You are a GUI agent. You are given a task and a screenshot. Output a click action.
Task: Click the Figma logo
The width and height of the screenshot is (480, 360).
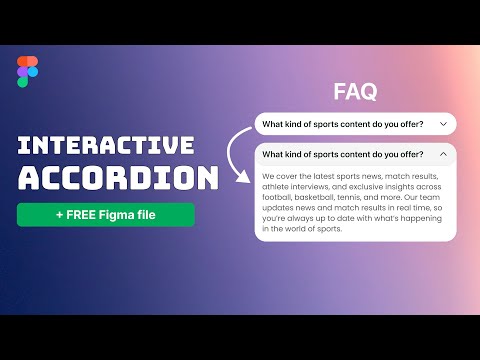point(28,72)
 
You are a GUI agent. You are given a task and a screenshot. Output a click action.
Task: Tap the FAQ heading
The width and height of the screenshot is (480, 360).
point(355,92)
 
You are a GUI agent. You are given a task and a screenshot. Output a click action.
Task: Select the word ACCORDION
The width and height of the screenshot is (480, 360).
point(118,178)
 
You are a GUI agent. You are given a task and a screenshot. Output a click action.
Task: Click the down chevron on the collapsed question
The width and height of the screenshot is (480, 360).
point(442,125)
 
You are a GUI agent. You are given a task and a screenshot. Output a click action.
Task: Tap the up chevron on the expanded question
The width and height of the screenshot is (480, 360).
point(442,155)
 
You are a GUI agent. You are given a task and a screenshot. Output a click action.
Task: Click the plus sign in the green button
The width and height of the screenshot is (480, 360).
point(60,215)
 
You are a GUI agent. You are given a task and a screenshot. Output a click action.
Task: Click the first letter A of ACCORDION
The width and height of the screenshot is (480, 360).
point(30,178)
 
